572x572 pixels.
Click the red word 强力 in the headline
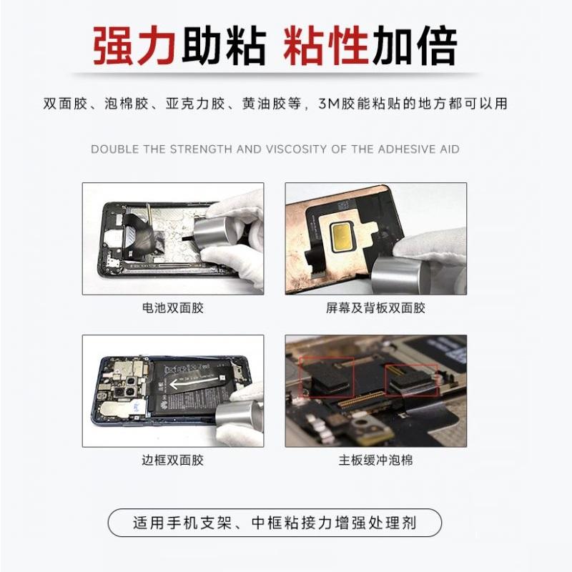coord(134,45)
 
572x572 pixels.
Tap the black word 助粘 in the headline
coord(224,45)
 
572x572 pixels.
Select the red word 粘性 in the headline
coord(326,45)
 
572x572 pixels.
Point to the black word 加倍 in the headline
coord(415,45)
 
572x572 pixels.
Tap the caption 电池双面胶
coord(172,308)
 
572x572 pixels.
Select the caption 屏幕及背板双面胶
coord(375,308)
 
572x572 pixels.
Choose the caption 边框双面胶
coord(172,460)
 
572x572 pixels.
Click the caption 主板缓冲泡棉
coord(375,460)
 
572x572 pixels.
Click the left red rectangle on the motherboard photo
coord(327,378)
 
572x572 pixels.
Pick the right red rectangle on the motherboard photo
coord(411,380)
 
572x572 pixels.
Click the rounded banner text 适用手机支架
coord(182,523)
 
